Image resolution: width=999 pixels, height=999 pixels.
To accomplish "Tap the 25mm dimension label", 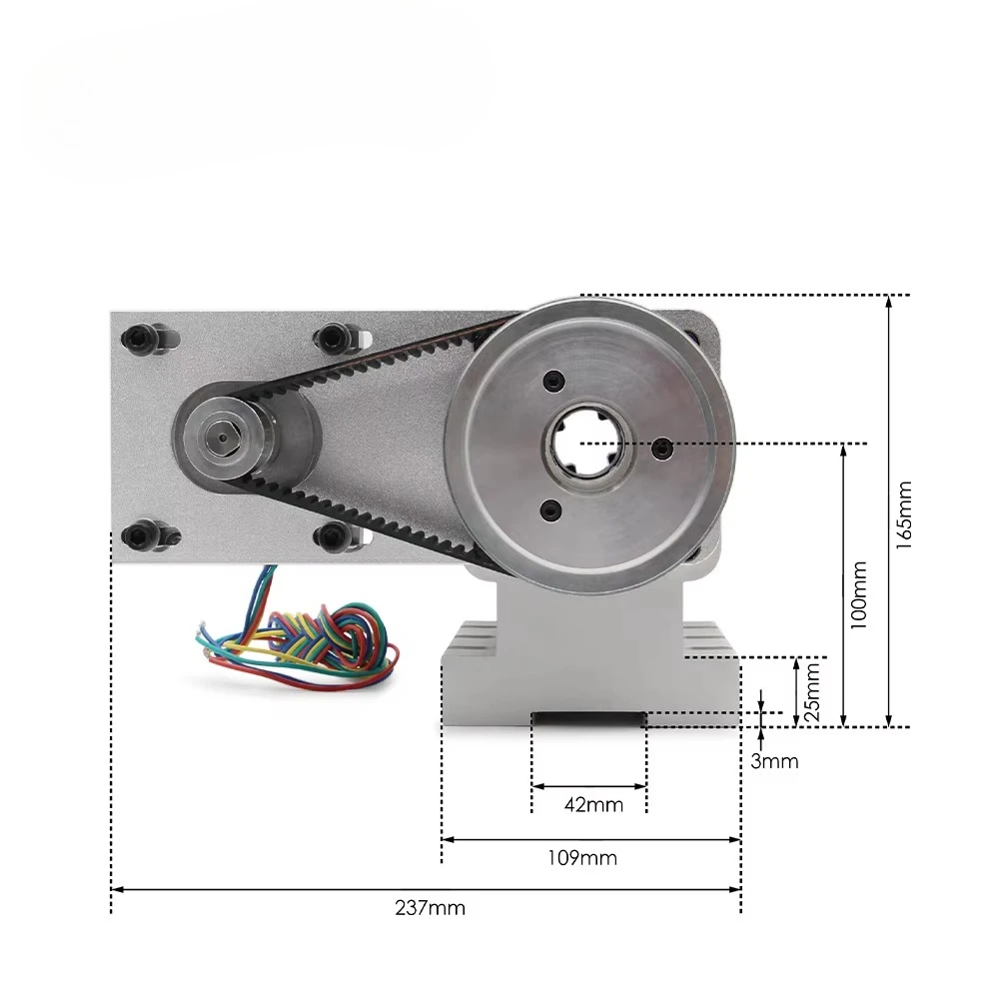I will pos(813,691).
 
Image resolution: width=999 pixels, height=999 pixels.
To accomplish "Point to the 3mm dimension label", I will pos(775,761).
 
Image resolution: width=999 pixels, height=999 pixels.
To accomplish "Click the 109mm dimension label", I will pos(589,857).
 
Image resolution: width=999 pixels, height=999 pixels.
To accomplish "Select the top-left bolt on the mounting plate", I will pos(139,337).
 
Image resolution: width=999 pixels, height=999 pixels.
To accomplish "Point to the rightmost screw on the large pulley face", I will pos(659,451).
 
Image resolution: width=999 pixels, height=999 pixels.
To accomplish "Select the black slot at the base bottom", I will pos(588,717).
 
